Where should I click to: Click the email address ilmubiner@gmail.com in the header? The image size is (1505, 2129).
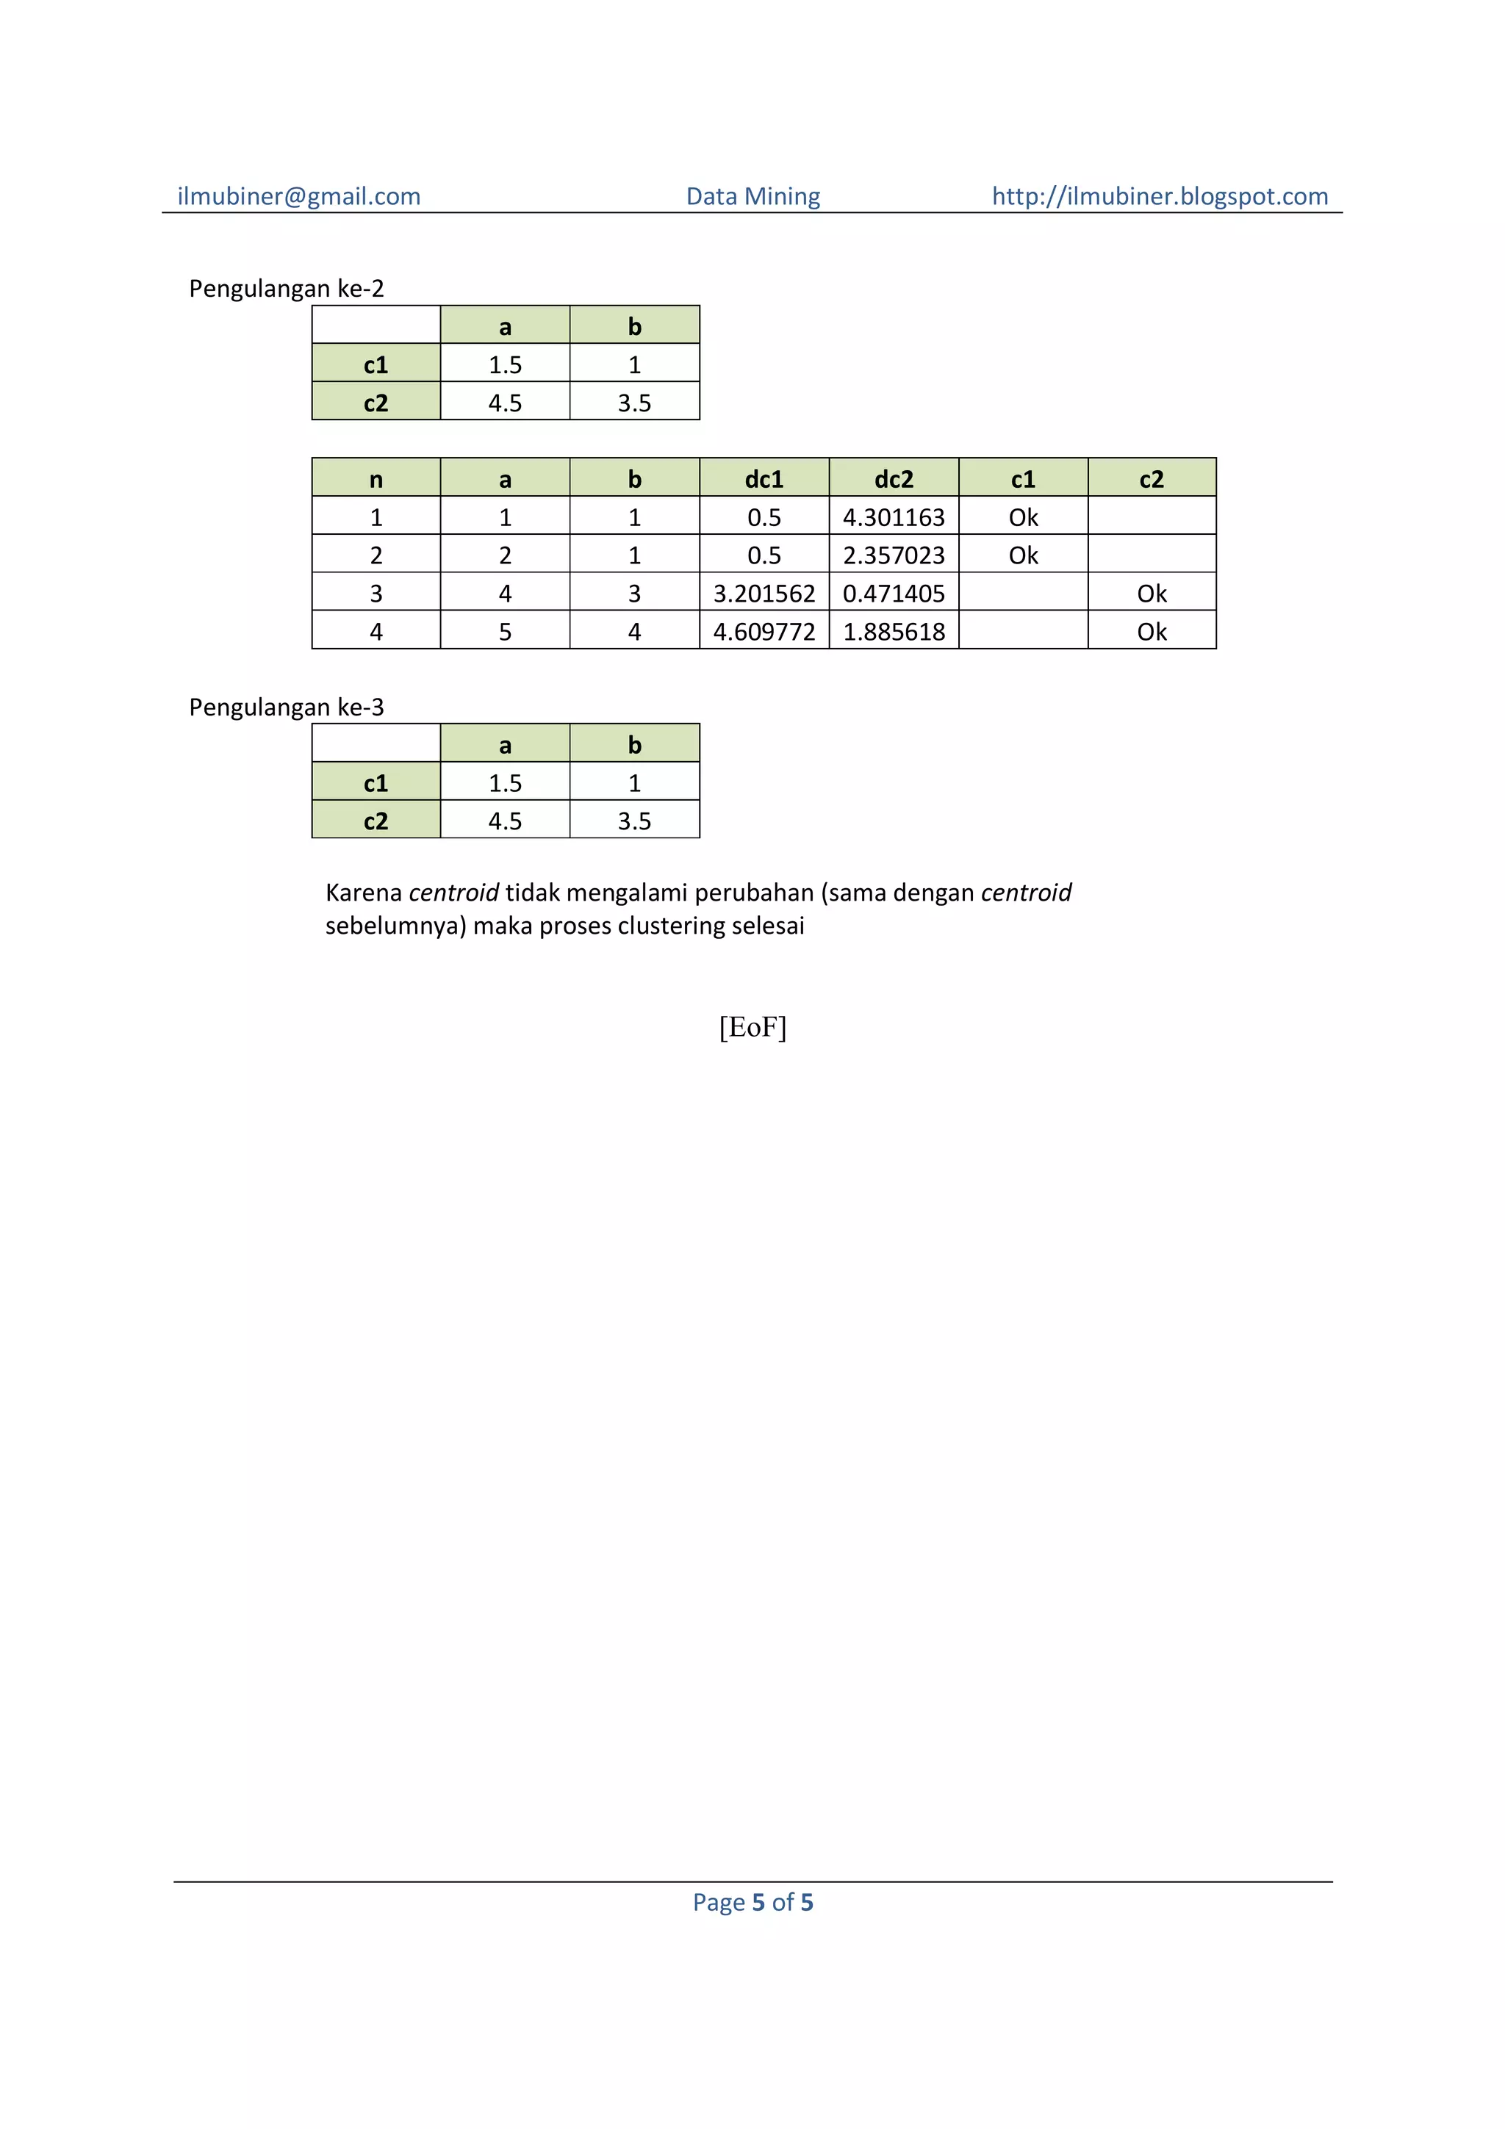tap(298, 197)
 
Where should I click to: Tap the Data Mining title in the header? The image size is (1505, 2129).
tap(753, 197)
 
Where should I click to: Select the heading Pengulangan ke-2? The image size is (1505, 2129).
tap(286, 289)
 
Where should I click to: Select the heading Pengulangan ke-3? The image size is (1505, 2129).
tap(286, 707)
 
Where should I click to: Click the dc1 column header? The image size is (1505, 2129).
tap(764, 480)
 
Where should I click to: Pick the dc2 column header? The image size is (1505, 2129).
tap(893, 480)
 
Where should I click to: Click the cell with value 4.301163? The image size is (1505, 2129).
tap(893, 517)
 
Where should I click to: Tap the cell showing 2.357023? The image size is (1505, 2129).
tap(893, 555)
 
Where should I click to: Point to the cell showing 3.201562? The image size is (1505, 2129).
tap(764, 594)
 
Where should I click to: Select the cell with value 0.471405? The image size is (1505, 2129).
tap(893, 594)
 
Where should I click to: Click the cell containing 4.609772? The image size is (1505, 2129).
tap(764, 632)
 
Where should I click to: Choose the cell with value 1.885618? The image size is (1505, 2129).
tap(893, 632)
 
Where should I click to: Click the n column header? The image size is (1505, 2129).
tap(376, 480)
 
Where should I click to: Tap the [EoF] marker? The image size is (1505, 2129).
tap(752, 1028)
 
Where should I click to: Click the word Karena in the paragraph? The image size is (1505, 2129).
tap(364, 893)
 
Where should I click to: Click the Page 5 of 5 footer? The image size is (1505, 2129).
tap(752, 1903)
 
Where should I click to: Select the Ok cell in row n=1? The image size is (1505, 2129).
tap(1023, 517)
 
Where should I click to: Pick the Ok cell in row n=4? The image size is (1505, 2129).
tap(1152, 632)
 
